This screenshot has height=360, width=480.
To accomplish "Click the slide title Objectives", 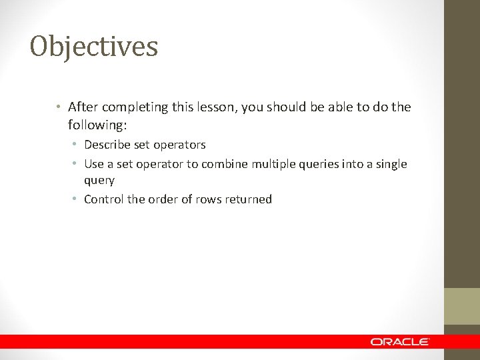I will pos(94,47).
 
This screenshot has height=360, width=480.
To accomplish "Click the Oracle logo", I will pos(400,341).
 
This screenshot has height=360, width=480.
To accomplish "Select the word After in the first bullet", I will pos(83,107).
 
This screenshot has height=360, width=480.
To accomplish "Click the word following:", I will pos(99,125).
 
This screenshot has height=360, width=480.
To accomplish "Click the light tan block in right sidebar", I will pos(462,306).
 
